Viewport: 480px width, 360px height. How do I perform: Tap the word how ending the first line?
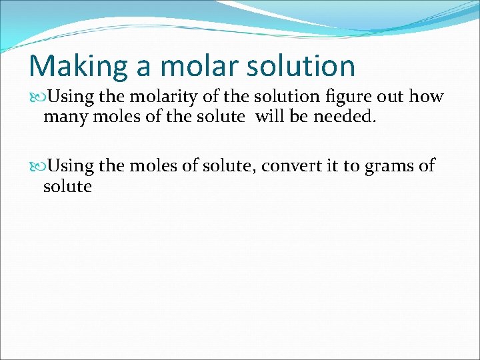click(x=426, y=97)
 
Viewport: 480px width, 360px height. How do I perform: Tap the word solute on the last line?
click(x=67, y=187)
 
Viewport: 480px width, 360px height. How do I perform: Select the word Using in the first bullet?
click(x=71, y=97)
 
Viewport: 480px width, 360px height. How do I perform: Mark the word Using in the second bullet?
click(x=71, y=166)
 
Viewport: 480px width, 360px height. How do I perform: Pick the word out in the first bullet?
click(x=390, y=97)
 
